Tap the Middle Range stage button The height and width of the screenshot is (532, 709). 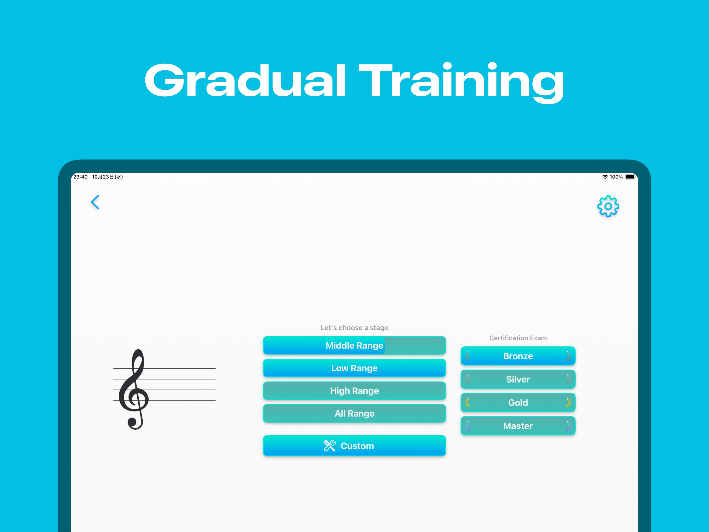[354, 345]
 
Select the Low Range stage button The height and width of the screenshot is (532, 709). [354, 368]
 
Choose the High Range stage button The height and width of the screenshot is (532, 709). [354, 390]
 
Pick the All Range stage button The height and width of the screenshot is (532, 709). [354, 413]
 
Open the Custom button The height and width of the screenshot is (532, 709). [354, 446]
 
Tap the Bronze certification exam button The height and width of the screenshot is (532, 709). [518, 356]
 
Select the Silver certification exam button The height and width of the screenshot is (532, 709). [518, 379]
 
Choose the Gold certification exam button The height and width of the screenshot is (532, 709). [518, 402]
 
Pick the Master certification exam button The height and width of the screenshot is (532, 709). [518, 426]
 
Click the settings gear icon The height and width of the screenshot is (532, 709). [608, 206]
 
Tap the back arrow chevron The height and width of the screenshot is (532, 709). [95, 202]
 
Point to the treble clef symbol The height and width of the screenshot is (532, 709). [134, 389]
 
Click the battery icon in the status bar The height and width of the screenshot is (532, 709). [630, 177]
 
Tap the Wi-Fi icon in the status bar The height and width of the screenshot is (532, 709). [605, 177]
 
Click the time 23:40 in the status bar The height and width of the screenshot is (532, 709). [80, 177]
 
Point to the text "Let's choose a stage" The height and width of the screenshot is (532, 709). [354, 328]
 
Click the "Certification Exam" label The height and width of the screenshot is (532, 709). [518, 338]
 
